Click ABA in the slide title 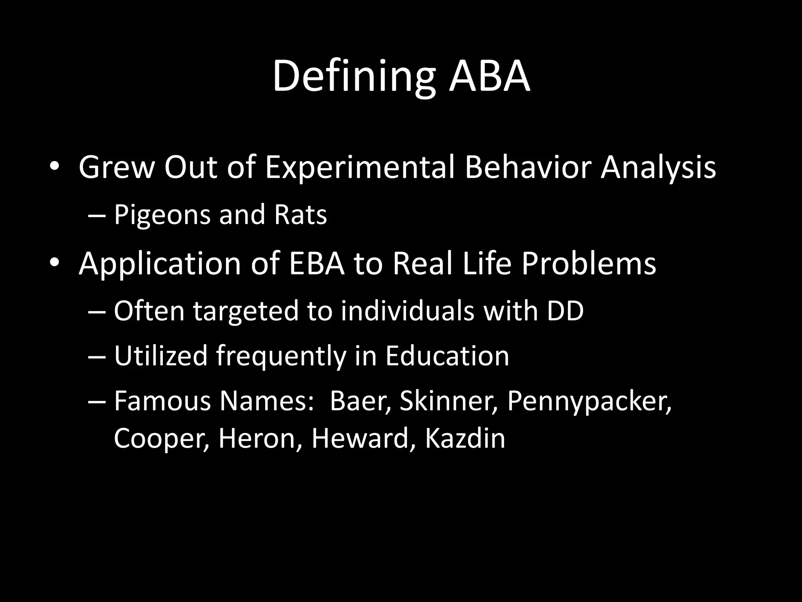coord(490,76)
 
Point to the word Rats coord(300,215)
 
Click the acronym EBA coord(316,264)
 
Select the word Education coord(447,356)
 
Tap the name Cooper coord(161,439)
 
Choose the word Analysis coord(658,168)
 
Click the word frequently coord(281,357)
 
